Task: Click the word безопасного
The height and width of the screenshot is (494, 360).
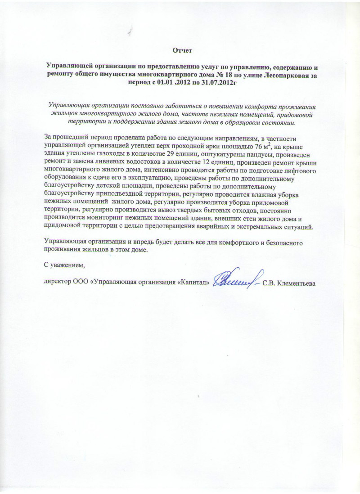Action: [277, 243]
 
